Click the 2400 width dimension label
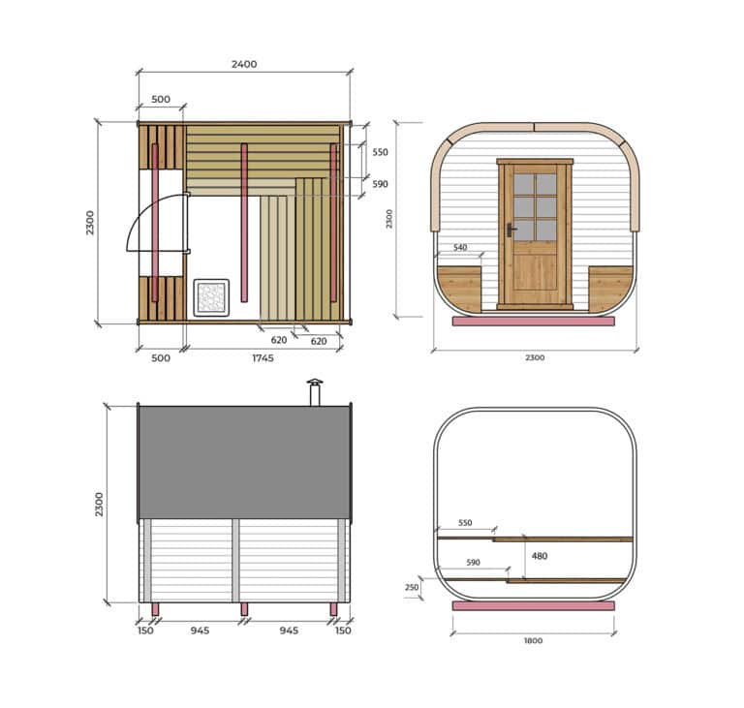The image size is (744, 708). tap(244, 64)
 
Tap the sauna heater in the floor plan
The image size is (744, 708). tap(210, 296)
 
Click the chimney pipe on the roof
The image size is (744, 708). tap(314, 393)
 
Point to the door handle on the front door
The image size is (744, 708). tap(510, 231)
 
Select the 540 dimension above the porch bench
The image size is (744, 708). tap(460, 248)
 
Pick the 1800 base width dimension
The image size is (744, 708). tap(533, 640)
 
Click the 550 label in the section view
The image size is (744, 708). tap(465, 523)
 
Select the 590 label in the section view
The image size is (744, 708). tap(473, 563)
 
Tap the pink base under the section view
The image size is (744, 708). tap(533, 605)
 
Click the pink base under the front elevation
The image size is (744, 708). tap(533, 321)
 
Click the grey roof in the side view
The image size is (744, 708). tap(244, 462)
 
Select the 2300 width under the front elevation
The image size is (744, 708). tap(535, 357)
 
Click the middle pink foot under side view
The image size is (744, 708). tap(244, 609)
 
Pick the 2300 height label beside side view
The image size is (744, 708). tap(99, 504)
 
